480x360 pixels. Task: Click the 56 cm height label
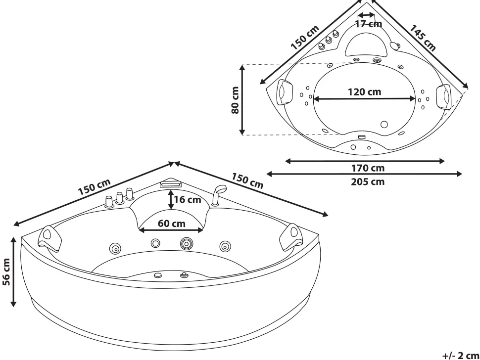pyautogui.click(x=6, y=271)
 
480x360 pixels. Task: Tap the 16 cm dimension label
pyautogui.click(x=188, y=200)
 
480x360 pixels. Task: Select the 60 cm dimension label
pyautogui.click(x=171, y=224)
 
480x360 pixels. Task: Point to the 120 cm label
pyautogui.click(x=364, y=92)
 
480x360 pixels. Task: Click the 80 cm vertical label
pyautogui.click(x=235, y=100)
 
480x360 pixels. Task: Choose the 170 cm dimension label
pyautogui.click(x=368, y=168)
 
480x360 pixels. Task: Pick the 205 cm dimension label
pyautogui.click(x=368, y=181)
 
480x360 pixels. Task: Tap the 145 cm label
pyautogui.click(x=423, y=38)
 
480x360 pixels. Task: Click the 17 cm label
pyautogui.click(x=369, y=24)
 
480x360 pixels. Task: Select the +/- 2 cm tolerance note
pyautogui.click(x=461, y=356)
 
